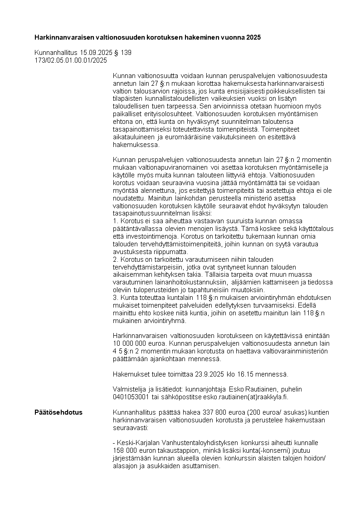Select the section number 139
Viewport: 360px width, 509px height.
tap(126, 53)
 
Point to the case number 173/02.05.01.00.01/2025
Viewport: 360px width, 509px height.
tap(71, 60)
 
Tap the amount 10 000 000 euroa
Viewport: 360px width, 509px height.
tap(136, 343)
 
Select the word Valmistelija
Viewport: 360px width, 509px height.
tap(130, 389)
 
